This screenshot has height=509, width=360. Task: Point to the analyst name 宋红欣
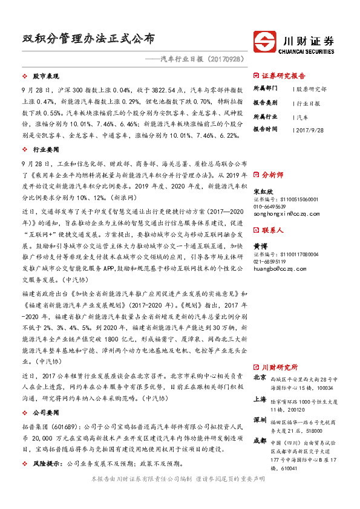pyautogui.click(x=261, y=191)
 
